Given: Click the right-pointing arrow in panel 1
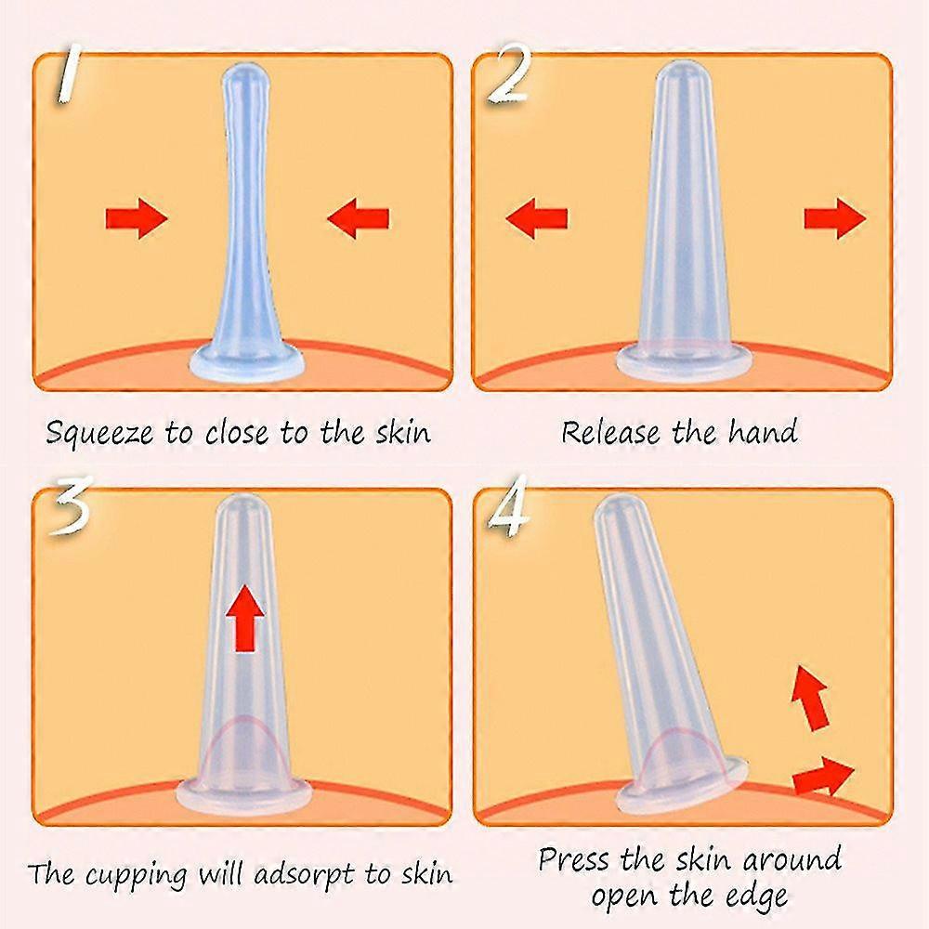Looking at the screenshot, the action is tap(137, 218).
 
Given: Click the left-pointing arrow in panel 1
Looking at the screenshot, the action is tap(359, 218).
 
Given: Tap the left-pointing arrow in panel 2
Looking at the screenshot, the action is tap(537, 218).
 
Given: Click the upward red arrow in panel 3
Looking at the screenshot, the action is tap(245, 618).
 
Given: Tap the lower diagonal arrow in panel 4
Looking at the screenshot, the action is tap(823, 776).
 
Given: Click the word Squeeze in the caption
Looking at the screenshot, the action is tap(99, 434).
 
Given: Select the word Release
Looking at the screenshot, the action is tap(610, 432).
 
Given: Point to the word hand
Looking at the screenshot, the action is tap(764, 431).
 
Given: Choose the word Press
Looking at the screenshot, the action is tap(573, 859).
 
